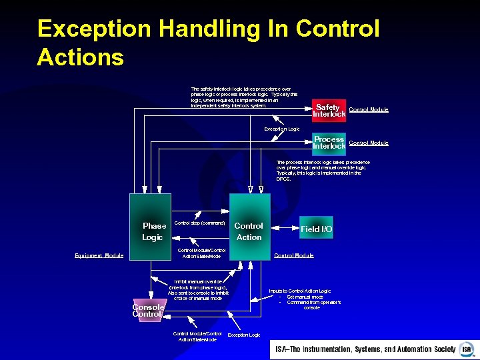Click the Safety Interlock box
tap(329, 110)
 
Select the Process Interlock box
tap(329, 142)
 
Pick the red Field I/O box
tap(317, 229)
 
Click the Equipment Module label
tap(99, 255)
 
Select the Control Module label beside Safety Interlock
tap(369, 110)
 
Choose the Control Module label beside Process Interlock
tap(369, 143)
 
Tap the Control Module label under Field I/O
tap(294, 255)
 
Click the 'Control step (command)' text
tap(199, 223)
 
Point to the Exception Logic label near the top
tap(282, 129)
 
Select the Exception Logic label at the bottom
tap(244, 335)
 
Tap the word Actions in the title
tap(81, 57)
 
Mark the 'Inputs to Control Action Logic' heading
tap(299, 291)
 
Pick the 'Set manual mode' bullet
tap(305, 297)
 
